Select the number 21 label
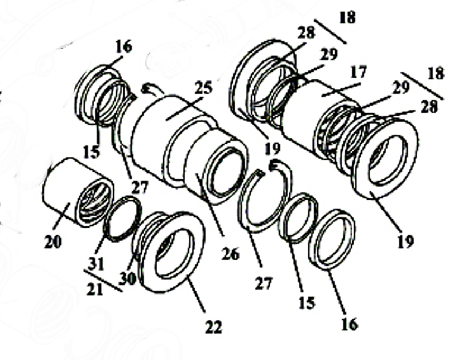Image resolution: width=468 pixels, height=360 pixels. (95, 290)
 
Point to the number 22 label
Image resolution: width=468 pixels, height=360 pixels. (213, 326)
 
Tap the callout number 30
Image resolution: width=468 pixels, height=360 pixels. (127, 278)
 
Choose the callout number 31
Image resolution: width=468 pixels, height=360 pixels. (96, 263)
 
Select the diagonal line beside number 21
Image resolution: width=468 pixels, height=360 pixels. (103, 281)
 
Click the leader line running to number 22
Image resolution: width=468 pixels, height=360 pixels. (195, 296)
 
